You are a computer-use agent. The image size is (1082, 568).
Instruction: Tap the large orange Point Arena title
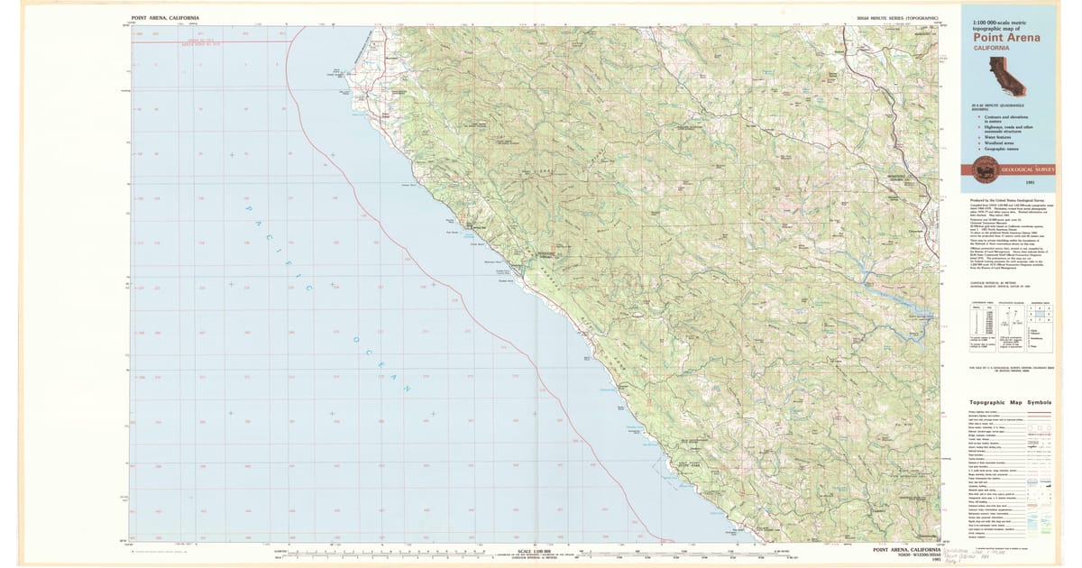(1006, 38)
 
